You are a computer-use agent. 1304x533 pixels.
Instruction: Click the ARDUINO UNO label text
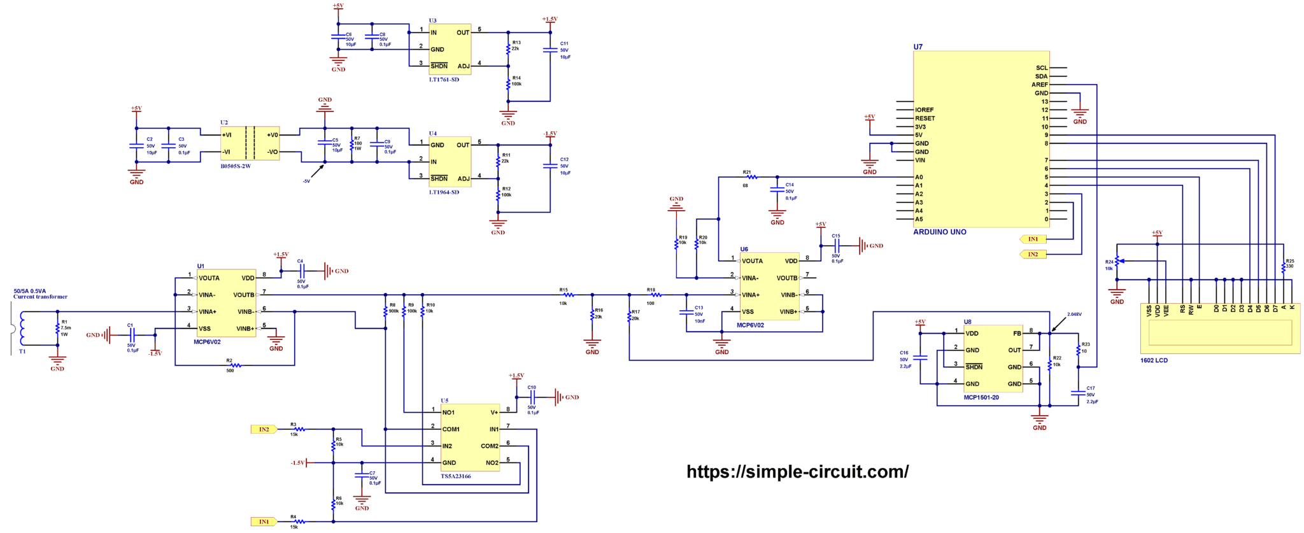[939, 232]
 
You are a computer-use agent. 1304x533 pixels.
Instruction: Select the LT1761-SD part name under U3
[444, 80]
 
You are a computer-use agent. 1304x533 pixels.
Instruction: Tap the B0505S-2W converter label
[236, 166]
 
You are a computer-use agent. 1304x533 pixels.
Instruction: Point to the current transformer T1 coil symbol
[23, 328]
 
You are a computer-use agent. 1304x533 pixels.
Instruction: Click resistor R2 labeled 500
[235, 366]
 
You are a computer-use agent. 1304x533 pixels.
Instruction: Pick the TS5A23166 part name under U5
[456, 476]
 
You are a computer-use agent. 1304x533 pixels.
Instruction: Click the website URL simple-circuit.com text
[797, 472]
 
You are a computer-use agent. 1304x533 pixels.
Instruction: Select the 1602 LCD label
[1154, 360]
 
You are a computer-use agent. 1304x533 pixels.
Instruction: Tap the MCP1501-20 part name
[981, 397]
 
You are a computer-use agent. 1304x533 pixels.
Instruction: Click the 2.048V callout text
[1074, 315]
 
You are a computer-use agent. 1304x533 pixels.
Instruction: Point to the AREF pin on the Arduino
[1039, 85]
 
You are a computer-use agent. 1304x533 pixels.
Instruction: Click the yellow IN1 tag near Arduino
[1032, 239]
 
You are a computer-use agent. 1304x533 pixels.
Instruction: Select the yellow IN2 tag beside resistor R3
[264, 430]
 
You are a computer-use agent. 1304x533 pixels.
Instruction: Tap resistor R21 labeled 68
[751, 177]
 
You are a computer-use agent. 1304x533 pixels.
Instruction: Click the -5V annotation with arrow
[306, 181]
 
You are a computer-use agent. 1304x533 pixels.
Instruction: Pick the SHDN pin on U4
[439, 179]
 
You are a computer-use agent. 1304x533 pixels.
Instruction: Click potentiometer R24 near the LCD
[1117, 262]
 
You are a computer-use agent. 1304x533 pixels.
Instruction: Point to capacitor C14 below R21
[777, 190]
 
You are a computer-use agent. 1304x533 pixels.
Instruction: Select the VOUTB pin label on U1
[243, 295]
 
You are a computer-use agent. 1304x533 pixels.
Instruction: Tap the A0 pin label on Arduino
[919, 178]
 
